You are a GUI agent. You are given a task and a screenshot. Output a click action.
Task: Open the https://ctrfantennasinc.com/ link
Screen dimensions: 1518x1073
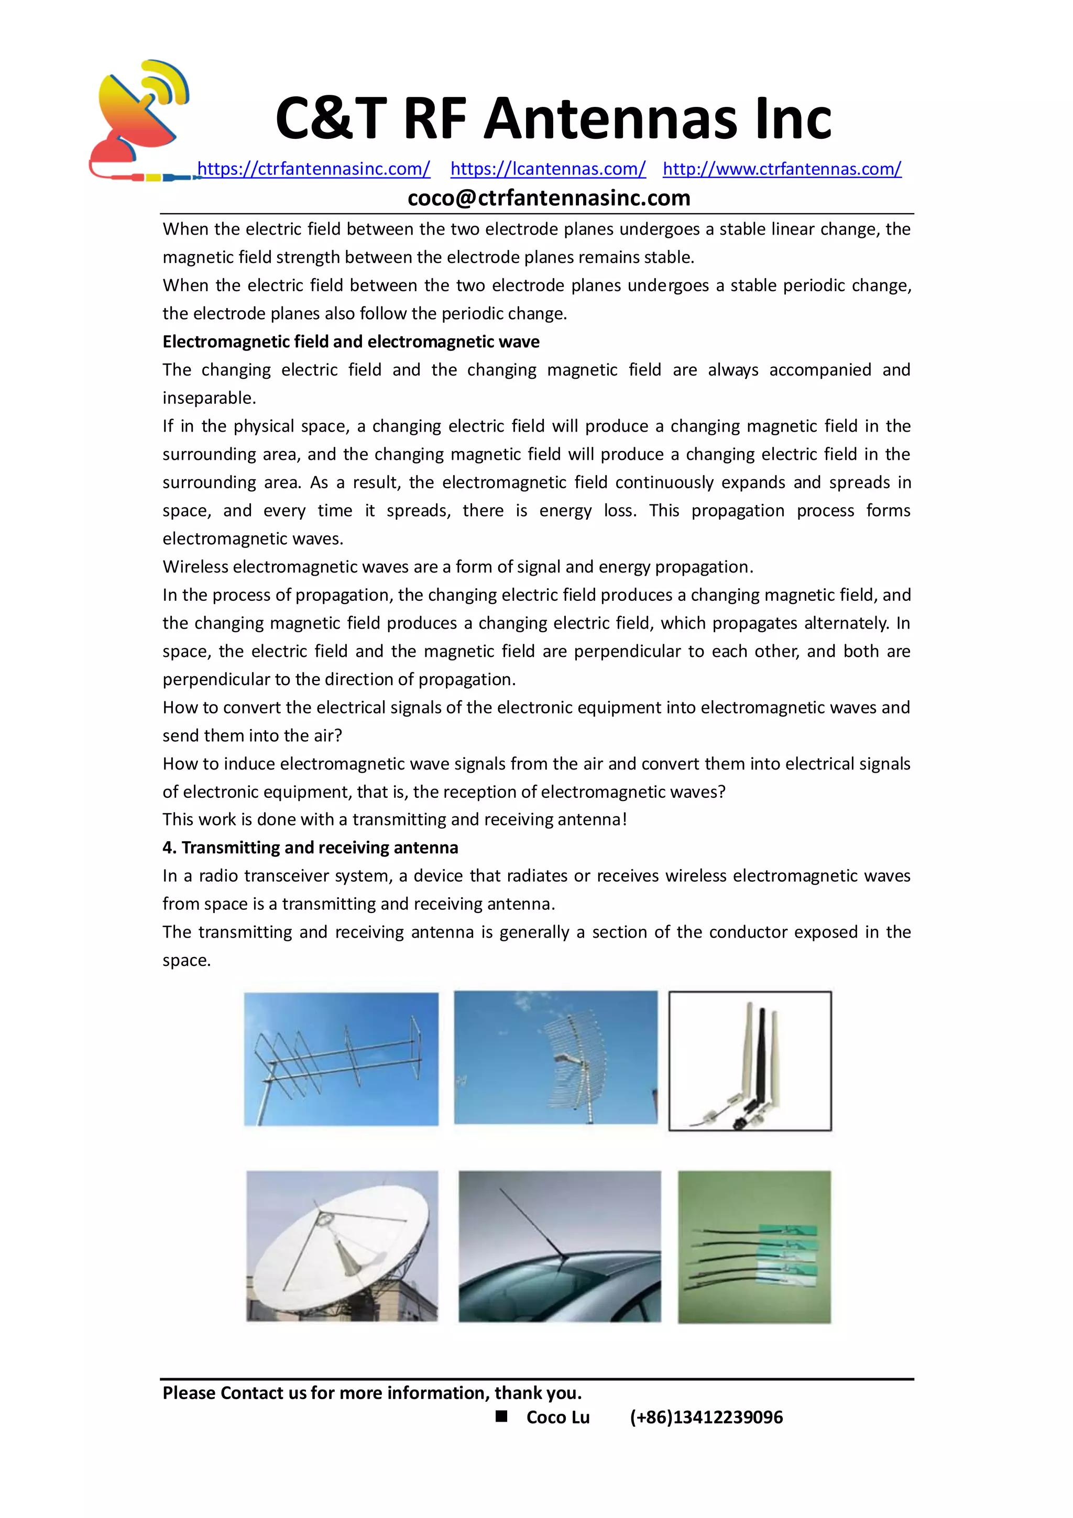pos(313,169)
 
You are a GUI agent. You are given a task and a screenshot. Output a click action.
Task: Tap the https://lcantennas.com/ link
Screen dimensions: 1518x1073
pos(548,169)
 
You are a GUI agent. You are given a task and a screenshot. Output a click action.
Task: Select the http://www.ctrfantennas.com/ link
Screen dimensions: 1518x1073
pos(782,169)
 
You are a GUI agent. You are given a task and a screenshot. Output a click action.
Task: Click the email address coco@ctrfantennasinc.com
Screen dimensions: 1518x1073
pos(549,197)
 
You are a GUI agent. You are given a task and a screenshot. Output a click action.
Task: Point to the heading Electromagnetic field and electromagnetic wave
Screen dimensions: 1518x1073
pos(351,342)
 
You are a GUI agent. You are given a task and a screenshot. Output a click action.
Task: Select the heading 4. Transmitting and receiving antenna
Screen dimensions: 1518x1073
pos(310,848)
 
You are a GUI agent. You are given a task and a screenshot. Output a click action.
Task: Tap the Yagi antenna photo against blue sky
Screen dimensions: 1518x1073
pos(341,1059)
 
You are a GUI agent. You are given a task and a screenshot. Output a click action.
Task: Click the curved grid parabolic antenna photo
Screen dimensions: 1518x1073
pos(555,1057)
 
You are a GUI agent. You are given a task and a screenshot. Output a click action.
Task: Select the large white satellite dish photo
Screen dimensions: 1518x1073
pos(342,1246)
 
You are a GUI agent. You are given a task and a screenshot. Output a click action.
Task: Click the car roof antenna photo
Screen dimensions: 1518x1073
pos(560,1246)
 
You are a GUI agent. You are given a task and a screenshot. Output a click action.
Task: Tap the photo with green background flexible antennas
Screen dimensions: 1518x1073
pos(754,1246)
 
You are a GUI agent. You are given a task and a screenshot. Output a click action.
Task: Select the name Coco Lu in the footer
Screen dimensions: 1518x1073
pos(557,1417)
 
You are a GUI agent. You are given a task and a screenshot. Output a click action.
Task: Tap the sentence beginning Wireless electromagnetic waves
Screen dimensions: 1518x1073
pos(457,567)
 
